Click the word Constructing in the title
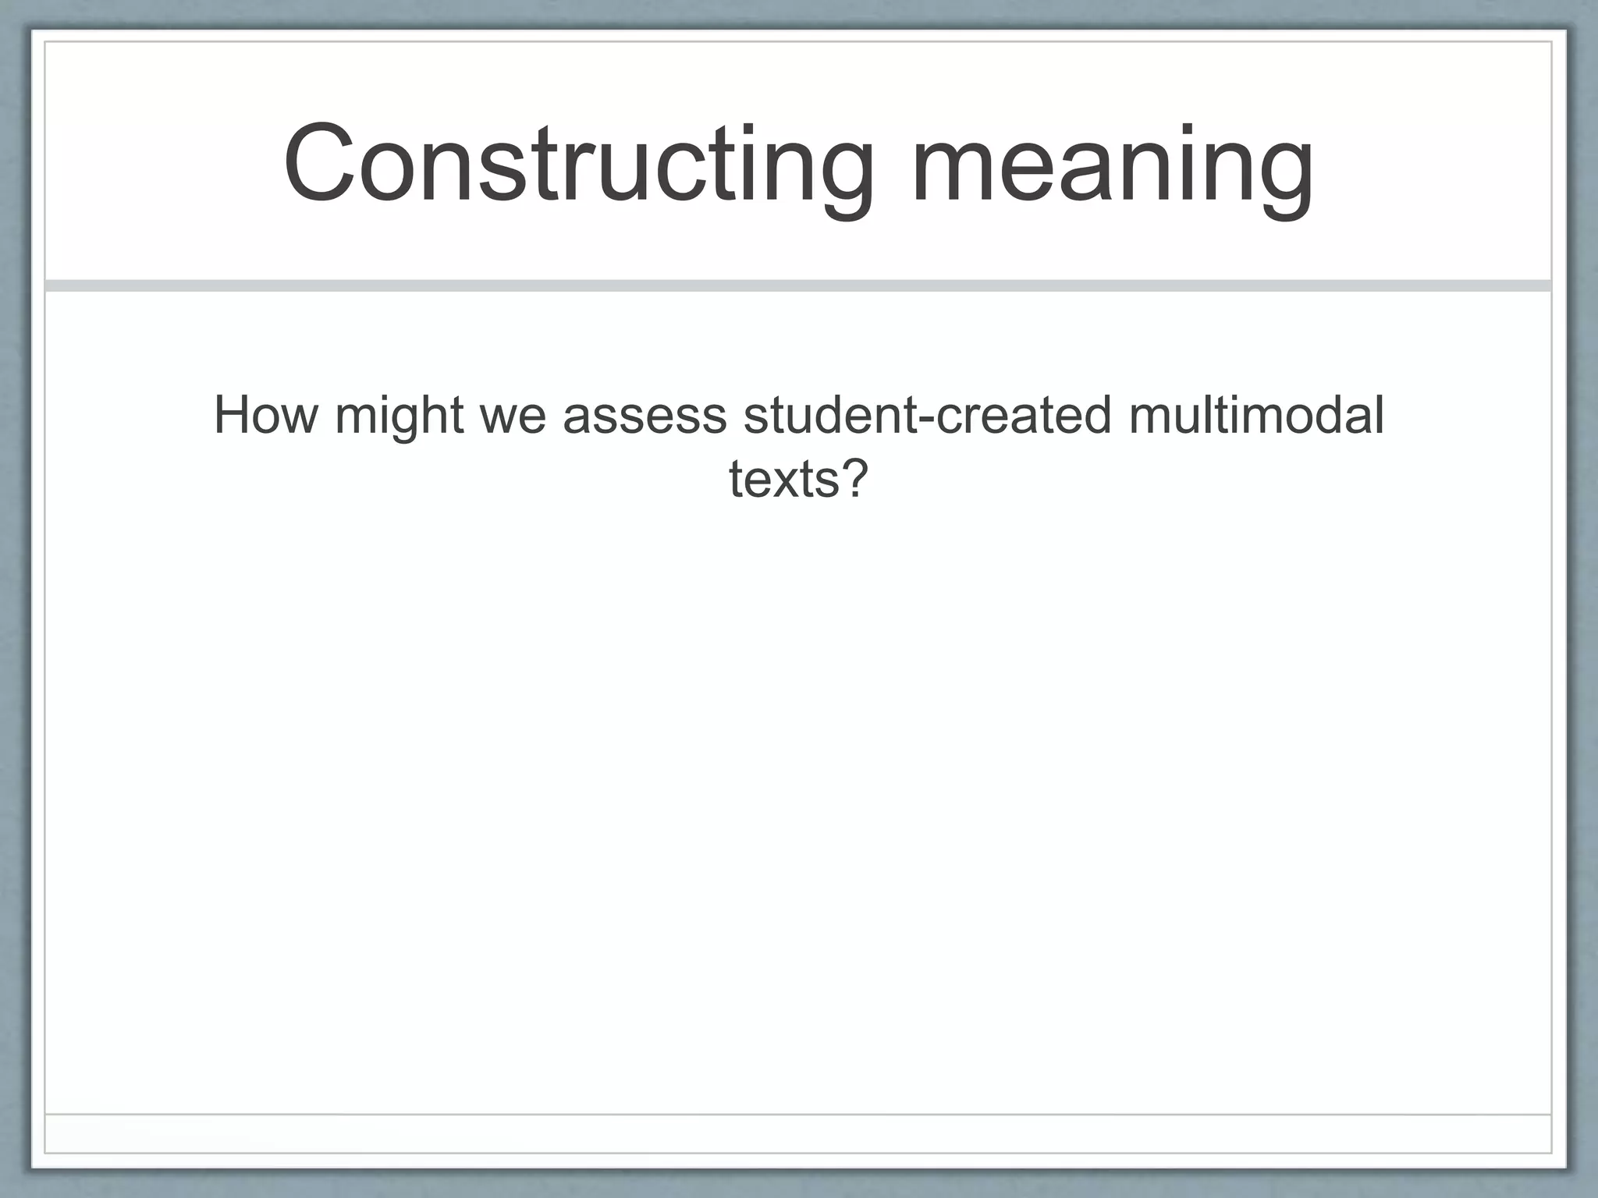pyautogui.click(x=578, y=165)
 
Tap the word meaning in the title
pyautogui.click(x=1111, y=165)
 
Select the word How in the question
pyautogui.click(x=265, y=416)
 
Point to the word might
pyautogui.click(x=399, y=416)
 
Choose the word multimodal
pyautogui.click(x=1255, y=416)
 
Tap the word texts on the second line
pyautogui.click(x=784, y=479)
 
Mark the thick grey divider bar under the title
pyautogui.click(x=798, y=285)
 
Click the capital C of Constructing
pyautogui.click(x=315, y=165)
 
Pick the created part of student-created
pyautogui.click(x=1023, y=416)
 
